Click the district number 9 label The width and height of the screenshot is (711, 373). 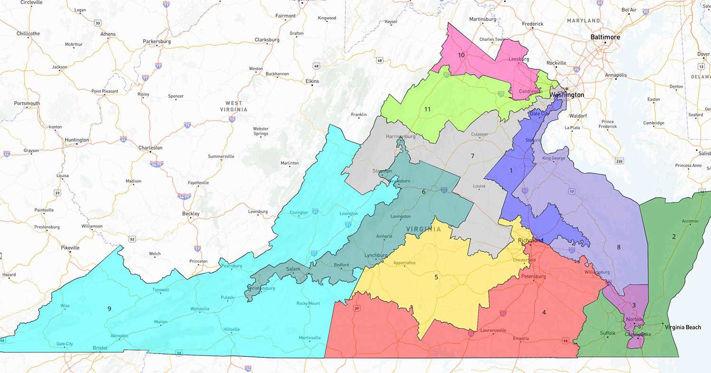tap(109, 309)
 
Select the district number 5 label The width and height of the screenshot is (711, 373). tap(436, 277)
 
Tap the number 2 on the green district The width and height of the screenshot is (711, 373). tap(673, 236)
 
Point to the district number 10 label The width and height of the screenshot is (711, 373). tap(461, 55)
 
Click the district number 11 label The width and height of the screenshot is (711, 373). tap(427, 109)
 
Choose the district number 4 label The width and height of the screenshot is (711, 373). tap(544, 312)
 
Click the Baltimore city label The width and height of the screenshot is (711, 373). tap(605, 37)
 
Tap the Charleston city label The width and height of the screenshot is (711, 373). tap(150, 148)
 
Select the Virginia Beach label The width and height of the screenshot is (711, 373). tap(682, 327)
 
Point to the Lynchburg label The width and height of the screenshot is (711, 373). tap(375, 255)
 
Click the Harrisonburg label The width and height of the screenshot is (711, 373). tap(400, 136)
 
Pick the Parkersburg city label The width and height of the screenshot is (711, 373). tap(156, 41)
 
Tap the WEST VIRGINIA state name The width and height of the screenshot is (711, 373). tap(233, 106)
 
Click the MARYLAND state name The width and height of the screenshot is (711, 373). tap(583, 21)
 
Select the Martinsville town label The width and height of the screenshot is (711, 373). tap(309, 338)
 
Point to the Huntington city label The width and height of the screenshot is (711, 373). tap(77, 140)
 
